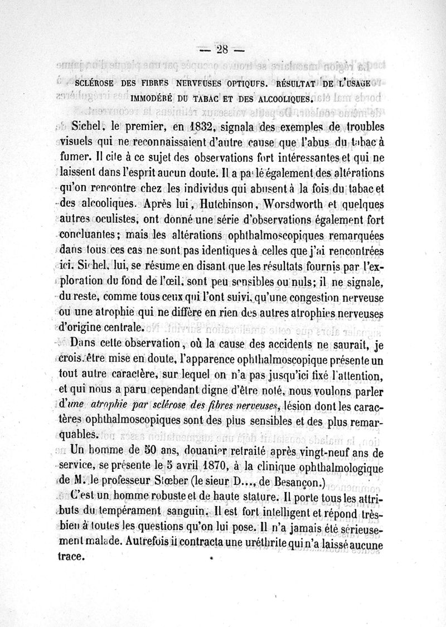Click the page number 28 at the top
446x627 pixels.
(x=222, y=49)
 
